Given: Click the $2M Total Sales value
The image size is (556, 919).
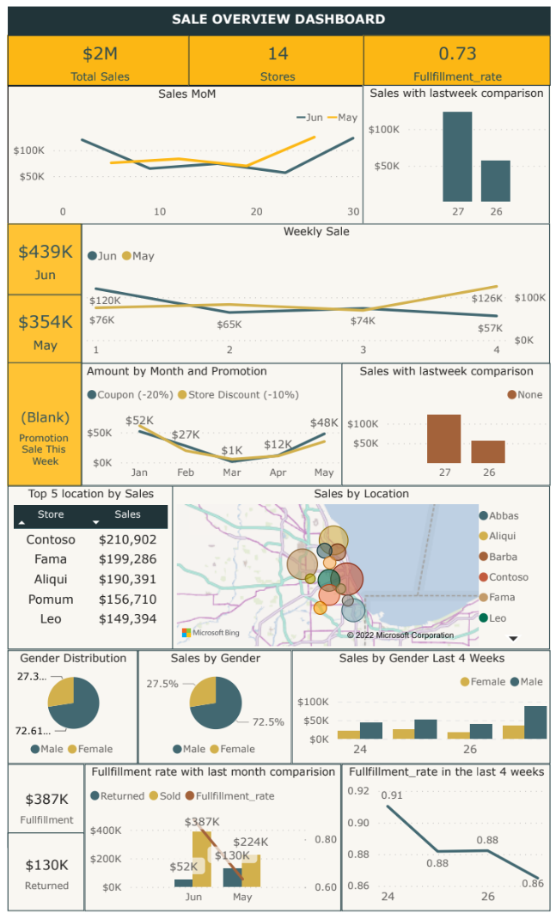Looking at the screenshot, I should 99,54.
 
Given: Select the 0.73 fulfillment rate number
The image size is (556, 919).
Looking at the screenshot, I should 457,54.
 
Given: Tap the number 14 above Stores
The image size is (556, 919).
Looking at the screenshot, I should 278,54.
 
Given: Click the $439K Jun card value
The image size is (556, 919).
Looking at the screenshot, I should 46,252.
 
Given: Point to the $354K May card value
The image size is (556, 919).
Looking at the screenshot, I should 46,322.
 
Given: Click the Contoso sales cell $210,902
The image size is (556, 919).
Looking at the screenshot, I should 127,539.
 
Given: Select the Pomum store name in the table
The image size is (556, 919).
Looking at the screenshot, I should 50,599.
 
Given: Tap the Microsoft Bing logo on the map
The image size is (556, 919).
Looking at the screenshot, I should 203,633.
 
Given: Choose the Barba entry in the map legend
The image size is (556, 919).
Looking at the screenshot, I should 503,557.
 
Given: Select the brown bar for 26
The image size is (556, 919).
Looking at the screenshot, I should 488,452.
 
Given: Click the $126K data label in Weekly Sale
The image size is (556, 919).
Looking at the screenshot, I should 486,298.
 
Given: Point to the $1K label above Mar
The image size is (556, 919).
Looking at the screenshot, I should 232,451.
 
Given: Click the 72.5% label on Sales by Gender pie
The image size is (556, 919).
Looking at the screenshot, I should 267,722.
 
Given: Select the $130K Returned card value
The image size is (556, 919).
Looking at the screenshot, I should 46,865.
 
